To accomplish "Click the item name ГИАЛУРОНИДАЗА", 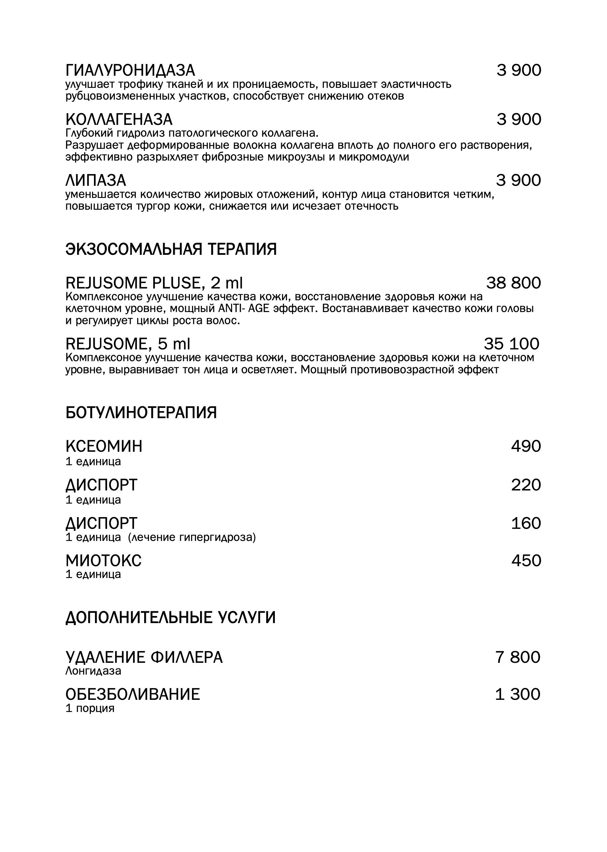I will coord(130,71).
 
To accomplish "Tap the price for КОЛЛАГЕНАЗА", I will coord(518,120).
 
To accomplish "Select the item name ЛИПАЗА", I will coord(96,180).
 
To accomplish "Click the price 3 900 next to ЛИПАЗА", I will coord(518,180).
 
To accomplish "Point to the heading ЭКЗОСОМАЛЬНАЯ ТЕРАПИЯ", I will coord(171,249).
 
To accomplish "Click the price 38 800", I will coord(513,283).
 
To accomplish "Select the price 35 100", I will coord(511,344).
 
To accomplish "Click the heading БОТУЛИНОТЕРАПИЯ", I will coord(141,413).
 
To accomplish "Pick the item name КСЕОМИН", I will coord(104,446).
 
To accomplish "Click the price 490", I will coord(526,446).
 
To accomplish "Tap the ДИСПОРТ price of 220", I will coord(526,485).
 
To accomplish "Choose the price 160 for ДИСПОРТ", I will coord(526,523).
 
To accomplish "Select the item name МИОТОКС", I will coord(103,561).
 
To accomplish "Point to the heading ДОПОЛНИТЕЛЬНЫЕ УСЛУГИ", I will coord(170,618).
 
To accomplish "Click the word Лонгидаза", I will coord(93,671).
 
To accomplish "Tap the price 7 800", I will coord(518,657).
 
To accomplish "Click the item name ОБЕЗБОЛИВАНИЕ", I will coord(133,694).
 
